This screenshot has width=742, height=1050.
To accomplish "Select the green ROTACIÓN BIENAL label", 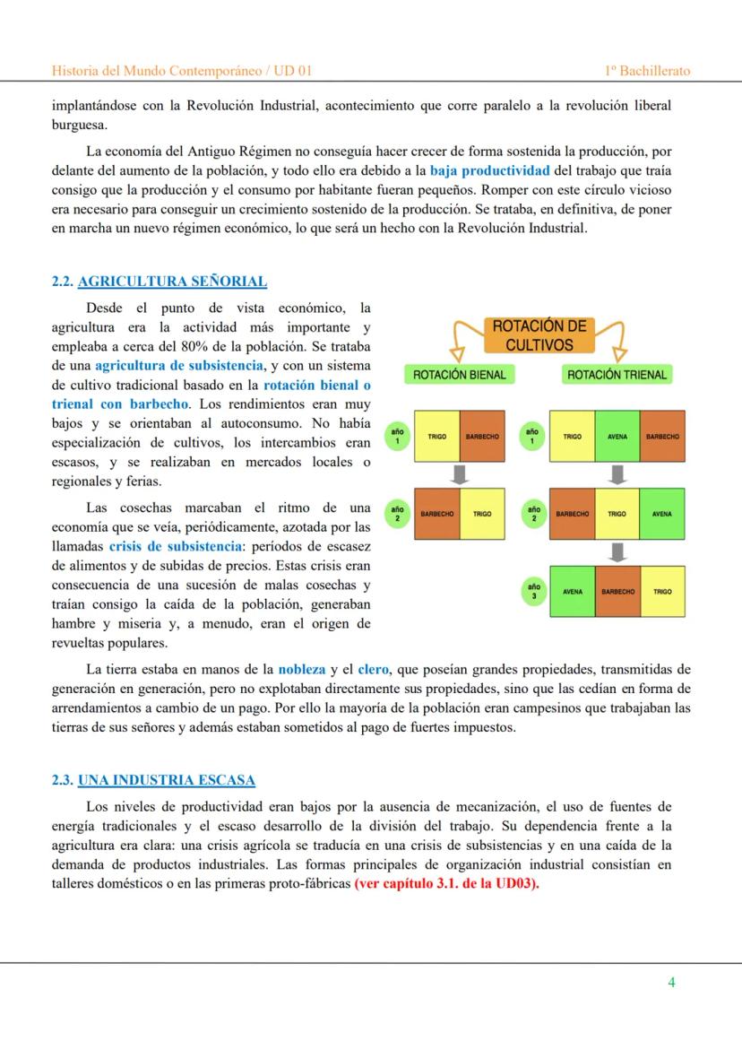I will point(459,375).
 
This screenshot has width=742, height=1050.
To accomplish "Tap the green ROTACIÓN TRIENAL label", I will point(617,375).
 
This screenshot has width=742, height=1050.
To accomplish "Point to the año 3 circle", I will point(533,591).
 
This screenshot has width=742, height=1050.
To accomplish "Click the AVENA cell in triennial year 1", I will point(617,437).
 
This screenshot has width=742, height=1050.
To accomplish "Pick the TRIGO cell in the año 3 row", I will point(662,592).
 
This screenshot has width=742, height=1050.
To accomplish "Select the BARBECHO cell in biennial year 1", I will point(482,437).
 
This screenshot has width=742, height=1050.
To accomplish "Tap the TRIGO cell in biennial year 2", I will point(482,514).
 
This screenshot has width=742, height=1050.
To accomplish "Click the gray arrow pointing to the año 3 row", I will point(617,552).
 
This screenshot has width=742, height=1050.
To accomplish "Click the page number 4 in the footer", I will point(671,982).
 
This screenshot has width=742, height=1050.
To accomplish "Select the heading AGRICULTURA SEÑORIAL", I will point(172,282).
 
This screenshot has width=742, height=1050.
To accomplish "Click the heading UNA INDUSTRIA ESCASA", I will point(166,780).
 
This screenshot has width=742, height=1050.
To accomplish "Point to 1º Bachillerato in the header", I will point(647,71).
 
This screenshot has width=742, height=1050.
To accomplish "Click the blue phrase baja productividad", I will point(489,170).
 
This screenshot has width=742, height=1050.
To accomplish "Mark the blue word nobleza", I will point(302,669).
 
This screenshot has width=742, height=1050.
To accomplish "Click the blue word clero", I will point(373,669).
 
